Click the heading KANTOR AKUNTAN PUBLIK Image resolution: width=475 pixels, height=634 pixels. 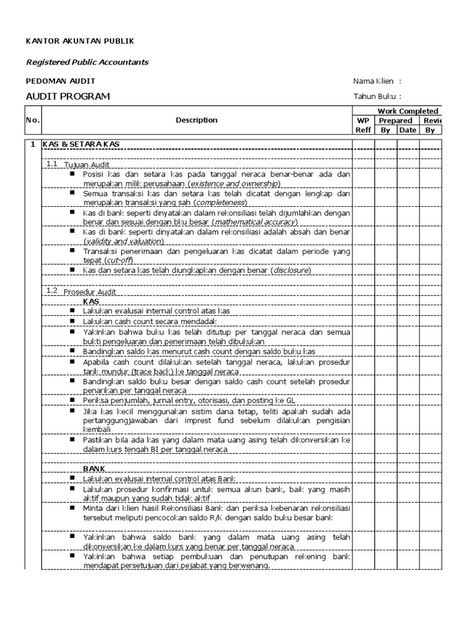[79, 41]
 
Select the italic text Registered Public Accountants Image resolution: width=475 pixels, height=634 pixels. [87, 62]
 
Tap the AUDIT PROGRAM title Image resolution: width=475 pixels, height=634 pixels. [67, 96]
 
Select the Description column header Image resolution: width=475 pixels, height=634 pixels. [196, 120]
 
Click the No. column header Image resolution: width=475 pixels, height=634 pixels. [32, 120]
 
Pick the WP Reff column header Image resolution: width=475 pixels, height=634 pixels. [363, 125]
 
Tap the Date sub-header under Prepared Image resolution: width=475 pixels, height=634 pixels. [408, 130]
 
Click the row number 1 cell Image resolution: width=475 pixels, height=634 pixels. [32, 144]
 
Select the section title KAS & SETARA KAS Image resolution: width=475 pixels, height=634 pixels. [81, 144]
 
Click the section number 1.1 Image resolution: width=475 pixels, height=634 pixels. [51, 164]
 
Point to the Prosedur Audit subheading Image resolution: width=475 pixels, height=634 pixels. [90, 292]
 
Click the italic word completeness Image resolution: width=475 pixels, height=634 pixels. [220, 202]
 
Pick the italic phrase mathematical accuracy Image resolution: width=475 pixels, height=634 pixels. [253, 222]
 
